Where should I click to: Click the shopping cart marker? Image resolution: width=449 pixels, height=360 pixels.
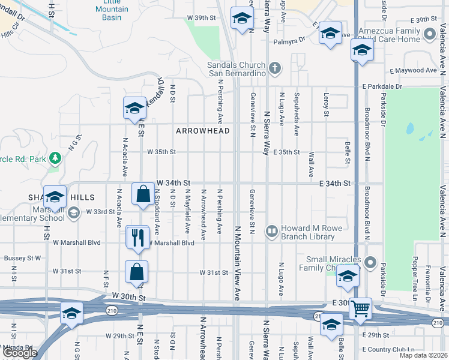[360, 309]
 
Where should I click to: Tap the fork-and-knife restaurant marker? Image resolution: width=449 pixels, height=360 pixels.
[137, 237]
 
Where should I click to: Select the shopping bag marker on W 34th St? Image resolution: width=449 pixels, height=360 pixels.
[143, 194]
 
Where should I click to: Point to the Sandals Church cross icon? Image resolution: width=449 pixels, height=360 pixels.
[275, 67]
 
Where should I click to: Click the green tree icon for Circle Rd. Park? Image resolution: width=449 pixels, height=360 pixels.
[56, 158]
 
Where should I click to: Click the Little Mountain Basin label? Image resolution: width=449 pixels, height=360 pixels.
[112, 11]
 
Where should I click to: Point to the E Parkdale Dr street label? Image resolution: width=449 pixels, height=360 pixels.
[382, 86]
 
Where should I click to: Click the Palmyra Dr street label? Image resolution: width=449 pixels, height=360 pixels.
[290, 41]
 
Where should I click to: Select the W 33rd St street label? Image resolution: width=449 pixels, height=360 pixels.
[100, 212]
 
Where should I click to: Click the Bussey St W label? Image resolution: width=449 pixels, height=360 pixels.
[22, 258]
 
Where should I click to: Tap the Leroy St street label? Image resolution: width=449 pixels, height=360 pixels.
[327, 105]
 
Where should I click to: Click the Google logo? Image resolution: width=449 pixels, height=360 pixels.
[20, 353]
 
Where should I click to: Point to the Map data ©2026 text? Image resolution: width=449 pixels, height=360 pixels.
[424, 355]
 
